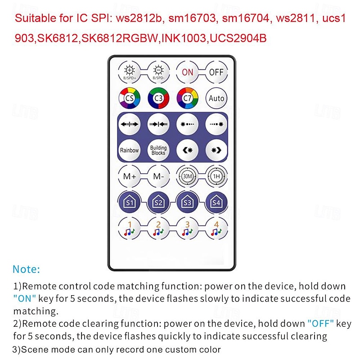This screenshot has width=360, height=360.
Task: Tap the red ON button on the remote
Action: (x=187, y=72)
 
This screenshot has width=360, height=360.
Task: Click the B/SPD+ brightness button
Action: (x=130, y=72)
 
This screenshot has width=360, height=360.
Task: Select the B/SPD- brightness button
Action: (x=158, y=72)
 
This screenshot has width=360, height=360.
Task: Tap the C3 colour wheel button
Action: (x=158, y=98)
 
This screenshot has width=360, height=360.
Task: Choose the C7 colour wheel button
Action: (x=187, y=98)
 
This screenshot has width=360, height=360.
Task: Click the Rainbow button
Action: (x=130, y=150)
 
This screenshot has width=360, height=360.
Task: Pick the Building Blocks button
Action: (x=158, y=150)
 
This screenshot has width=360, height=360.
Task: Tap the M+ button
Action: (x=130, y=176)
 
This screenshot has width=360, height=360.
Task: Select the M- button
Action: (x=158, y=176)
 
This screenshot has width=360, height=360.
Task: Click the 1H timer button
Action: (x=216, y=176)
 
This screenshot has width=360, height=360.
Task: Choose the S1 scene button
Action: (x=130, y=202)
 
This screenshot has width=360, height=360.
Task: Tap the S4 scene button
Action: (x=216, y=202)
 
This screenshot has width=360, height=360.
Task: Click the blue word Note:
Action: (x=27, y=269)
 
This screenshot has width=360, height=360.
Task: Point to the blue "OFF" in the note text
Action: (x=320, y=324)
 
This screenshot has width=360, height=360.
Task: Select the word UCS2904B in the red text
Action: (x=238, y=38)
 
